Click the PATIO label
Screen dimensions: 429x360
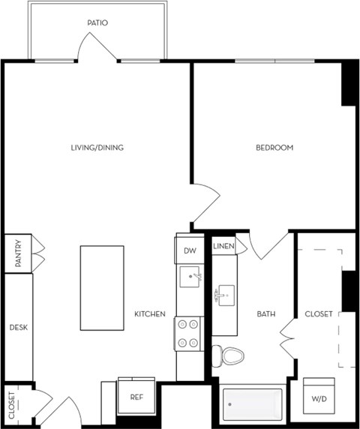tap(97, 23)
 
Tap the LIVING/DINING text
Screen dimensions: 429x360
tap(97, 148)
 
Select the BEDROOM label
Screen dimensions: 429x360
tap(274, 148)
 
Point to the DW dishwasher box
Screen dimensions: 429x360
tap(190, 251)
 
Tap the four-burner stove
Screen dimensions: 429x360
tap(189, 333)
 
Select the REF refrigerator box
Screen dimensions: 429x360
tap(136, 397)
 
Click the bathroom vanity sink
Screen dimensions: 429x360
tap(224, 295)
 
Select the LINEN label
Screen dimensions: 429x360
tap(223, 246)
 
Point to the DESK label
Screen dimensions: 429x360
tap(17, 328)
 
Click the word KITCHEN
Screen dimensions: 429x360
tap(150, 314)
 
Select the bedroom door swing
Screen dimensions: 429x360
tap(207, 204)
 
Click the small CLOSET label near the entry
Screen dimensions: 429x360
tap(12, 406)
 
